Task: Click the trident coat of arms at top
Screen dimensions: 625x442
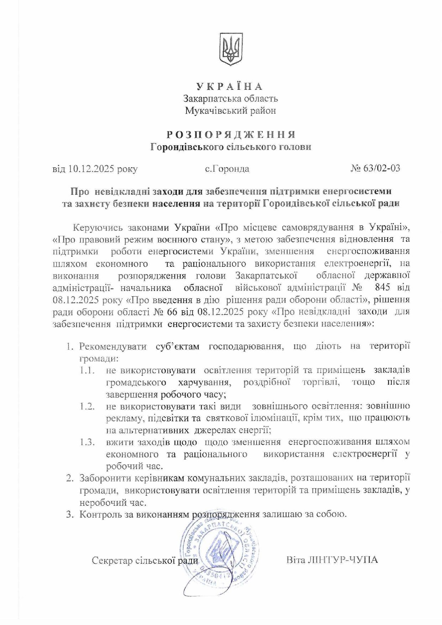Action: point(231,49)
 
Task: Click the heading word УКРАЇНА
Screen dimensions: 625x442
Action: point(230,87)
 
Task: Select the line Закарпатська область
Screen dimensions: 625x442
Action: point(230,98)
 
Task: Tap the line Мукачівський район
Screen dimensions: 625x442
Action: point(230,110)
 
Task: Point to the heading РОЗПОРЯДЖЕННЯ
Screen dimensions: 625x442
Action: point(231,135)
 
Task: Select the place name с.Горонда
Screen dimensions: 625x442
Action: point(227,168)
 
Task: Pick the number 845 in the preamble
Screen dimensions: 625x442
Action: point(382,287)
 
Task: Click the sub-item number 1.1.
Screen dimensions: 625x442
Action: point(87,370)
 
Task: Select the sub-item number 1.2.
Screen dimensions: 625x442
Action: point(87,406)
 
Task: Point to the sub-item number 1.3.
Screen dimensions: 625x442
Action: point(87,442)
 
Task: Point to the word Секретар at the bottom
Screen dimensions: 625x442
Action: point(111,561)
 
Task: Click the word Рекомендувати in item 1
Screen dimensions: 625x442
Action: point(113,347)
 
